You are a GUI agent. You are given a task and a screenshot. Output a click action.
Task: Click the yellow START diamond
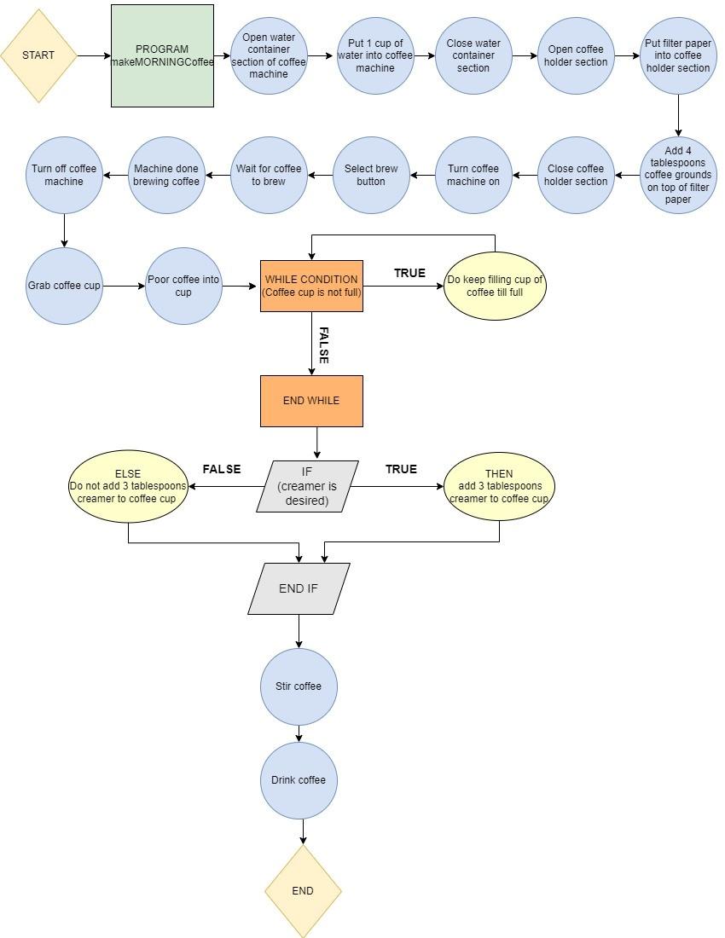point(38,55)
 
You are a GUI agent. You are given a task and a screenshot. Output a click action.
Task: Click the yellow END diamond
point(303,890)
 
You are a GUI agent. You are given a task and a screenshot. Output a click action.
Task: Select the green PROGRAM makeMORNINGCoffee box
point(162,55)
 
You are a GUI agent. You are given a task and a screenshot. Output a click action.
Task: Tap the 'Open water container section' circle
point(269,55)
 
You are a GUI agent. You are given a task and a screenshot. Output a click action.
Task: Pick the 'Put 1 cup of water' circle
point(375,55)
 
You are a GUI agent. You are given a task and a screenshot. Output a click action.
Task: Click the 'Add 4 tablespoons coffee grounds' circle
point(678,175)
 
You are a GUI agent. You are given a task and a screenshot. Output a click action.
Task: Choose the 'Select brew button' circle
point(371,175)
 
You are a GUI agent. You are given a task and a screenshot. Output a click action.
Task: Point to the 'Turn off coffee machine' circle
point(64,175)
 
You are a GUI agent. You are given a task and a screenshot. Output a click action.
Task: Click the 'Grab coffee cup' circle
point(64,286)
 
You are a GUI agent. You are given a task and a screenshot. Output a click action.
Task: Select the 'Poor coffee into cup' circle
point(183,286)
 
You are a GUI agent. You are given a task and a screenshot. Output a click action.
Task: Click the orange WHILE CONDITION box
point(311,286)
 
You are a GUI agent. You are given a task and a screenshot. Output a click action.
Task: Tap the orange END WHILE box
point(311,401)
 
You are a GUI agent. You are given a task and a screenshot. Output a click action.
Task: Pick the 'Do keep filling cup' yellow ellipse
point(495,286)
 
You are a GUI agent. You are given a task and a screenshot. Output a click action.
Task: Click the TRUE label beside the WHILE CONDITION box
point(409,273)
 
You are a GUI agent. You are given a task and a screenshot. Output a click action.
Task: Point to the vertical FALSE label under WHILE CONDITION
point(323,345)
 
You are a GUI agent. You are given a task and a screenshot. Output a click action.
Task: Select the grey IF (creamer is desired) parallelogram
point(307,486)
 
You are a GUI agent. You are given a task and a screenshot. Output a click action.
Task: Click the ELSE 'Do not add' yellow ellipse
point(128,486)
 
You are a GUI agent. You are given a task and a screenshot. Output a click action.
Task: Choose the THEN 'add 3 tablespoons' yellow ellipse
point(499,486)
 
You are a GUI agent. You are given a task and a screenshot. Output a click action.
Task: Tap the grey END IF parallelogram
point(299,588)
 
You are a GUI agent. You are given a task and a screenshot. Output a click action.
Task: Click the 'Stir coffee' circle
point(299,686)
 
